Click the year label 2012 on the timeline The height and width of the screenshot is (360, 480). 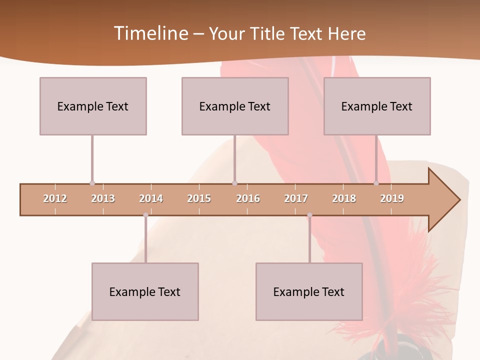point(55,198)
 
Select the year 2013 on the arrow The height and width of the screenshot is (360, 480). point(103,198)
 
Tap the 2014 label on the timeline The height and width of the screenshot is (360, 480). point(151,198)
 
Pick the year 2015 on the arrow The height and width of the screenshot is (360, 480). point(199,198)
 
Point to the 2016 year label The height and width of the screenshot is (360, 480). point(248,198)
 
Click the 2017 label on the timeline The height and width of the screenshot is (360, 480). point(296,198)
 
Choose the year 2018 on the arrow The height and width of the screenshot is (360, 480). point(344,198)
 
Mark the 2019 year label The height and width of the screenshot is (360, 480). point(392,198)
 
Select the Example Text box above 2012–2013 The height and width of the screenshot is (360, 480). point(93,106)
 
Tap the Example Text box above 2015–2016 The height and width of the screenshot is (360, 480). point(235,106)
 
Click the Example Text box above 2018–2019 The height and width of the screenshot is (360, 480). point(377,106)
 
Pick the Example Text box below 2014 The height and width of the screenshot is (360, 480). point(145,291)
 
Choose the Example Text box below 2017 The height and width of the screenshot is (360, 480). point(309,291)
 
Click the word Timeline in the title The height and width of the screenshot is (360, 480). point(150,33)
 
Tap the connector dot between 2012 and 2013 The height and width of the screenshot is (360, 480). point(92,183)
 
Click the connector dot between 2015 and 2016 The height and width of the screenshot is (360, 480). point(235,183)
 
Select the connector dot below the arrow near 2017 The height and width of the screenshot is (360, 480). point(309,215)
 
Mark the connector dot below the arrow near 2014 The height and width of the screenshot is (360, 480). point(145,215)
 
